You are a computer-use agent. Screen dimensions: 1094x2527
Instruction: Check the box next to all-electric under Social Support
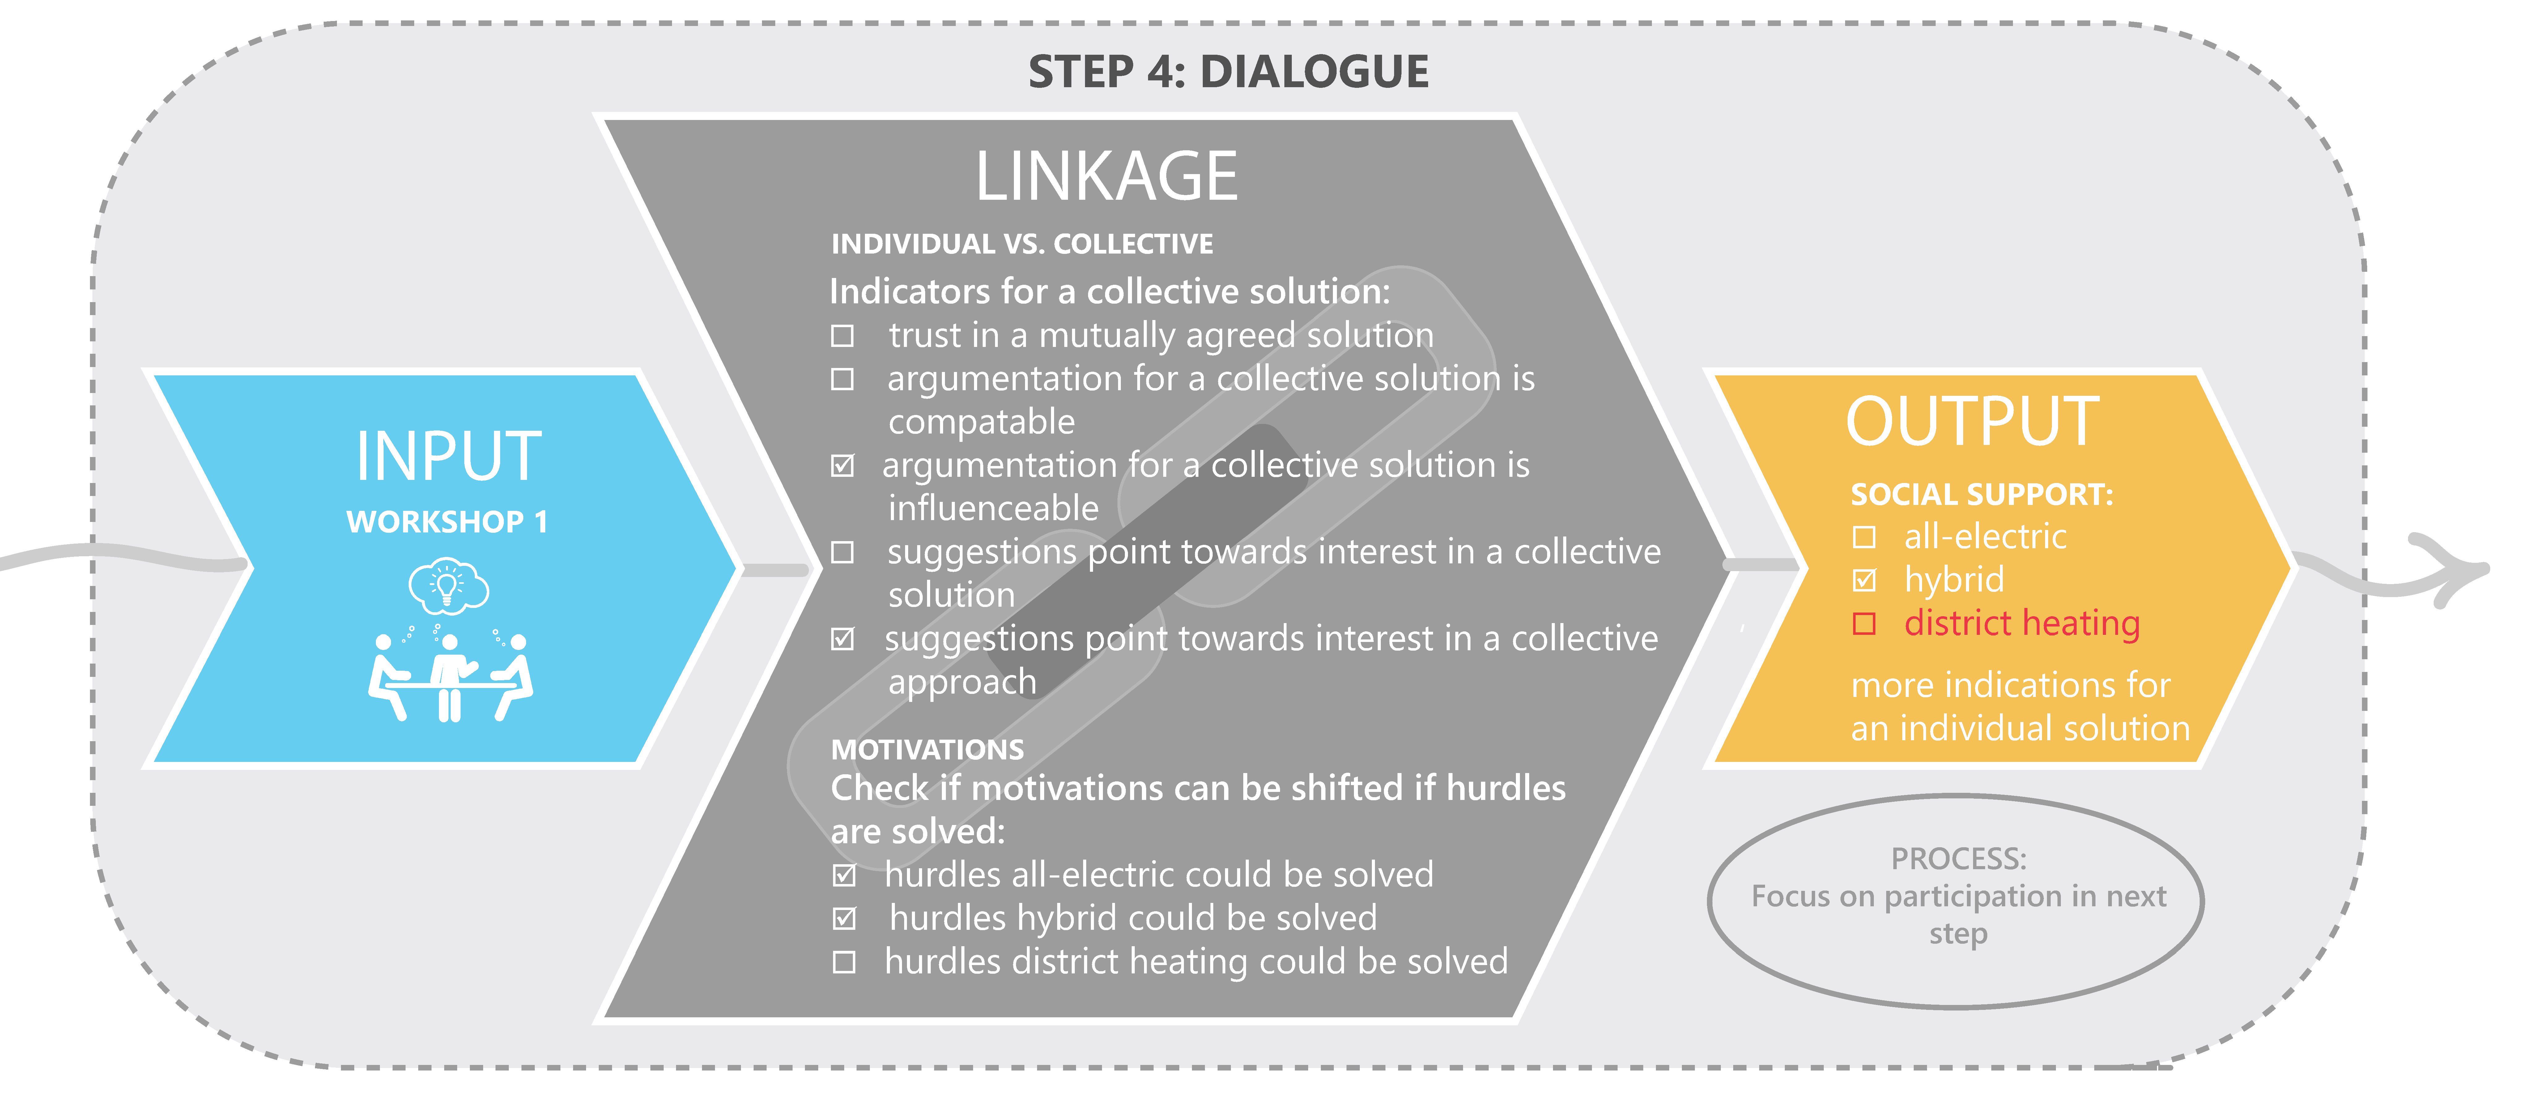[1864, 538]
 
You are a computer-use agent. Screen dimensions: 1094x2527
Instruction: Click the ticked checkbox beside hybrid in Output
[1864, 581]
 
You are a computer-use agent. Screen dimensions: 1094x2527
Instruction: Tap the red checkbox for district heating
[1864, 624]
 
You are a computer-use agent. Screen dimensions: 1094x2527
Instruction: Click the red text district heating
[2021, 623]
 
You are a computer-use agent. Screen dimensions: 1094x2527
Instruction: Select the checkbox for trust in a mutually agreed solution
[842, 336]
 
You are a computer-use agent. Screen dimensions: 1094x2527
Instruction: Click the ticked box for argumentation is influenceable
[842, 466]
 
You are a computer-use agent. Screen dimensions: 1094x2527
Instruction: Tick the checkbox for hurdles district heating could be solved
[844, 963]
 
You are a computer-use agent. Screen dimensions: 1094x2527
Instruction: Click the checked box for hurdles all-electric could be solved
[844, 875]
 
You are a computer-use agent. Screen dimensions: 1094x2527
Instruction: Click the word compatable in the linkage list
[981, 422]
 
